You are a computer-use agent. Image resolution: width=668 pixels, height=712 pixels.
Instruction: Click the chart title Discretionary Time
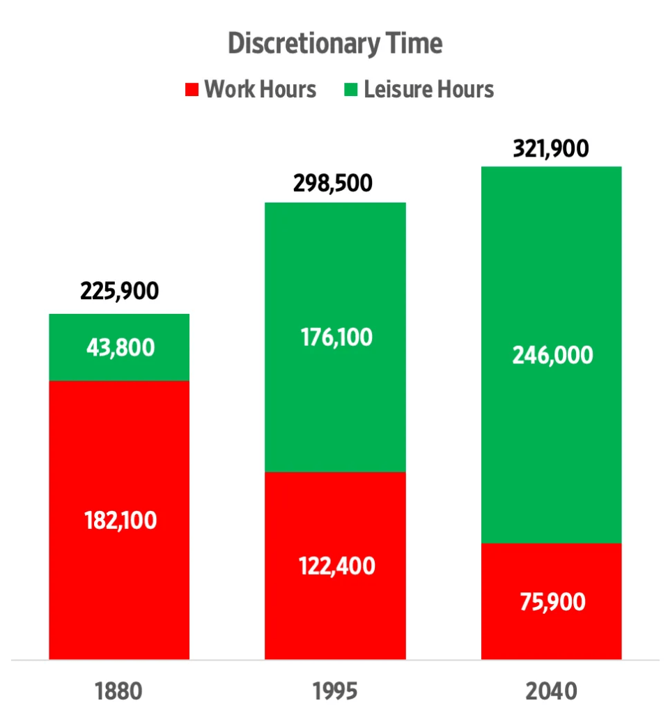(335, 44)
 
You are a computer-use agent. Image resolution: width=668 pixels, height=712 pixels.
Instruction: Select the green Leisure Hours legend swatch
(352, 89)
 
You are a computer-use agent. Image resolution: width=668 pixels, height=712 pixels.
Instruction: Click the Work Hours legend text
(260, 89)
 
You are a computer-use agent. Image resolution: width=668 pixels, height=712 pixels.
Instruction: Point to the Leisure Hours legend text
(428, 89)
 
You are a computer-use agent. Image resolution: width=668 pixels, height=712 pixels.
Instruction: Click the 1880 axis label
(118, 691)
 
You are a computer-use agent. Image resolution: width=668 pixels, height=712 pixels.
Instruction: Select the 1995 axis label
(335, 691)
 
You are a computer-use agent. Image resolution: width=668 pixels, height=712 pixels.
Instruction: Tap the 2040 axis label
(551, 691)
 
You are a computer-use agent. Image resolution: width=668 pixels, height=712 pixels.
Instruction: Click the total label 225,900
(119, 290)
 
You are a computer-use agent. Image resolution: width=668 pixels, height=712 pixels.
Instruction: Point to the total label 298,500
(335, 184)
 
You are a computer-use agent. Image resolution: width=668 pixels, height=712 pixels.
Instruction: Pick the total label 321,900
(551, 148)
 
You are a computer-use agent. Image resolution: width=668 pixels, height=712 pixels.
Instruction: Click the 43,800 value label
(119, 347)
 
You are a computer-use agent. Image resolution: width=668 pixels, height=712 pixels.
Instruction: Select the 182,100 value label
(119, 520)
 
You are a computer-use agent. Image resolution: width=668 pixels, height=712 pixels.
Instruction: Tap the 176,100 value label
(335, 338)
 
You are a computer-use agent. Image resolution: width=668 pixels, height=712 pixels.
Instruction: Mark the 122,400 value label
(335, 565)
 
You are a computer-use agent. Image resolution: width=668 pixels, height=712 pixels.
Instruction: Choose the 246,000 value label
(551, 355)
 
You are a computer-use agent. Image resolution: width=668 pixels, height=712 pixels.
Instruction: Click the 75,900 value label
(551, 601)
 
